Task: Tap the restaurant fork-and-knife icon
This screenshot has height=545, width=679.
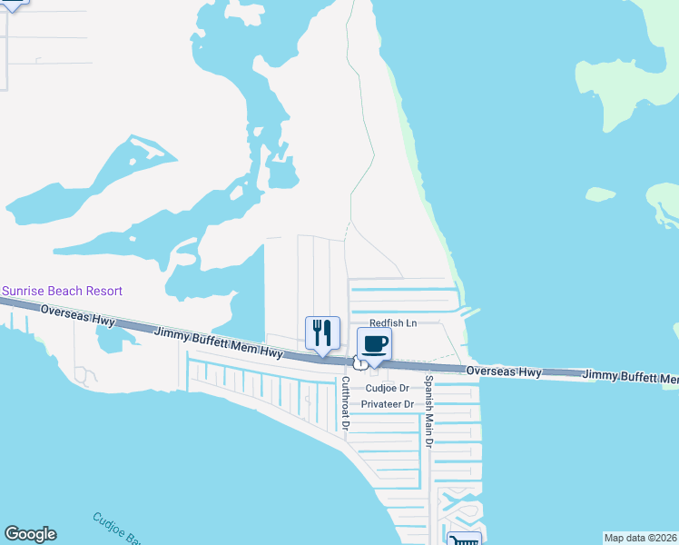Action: pyautogui.click(x=321, y=333)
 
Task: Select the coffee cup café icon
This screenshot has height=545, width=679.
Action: pyautogui.click(x=374, y=343)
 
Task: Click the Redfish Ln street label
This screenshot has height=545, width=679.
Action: pyautogui.click(x=392, y=323)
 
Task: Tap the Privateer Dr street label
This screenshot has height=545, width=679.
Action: pyautogui.click(x=387, y=403)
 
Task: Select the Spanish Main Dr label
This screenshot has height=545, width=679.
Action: pyautogui.click(x=429, y=411)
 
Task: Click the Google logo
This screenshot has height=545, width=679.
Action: pyautogui.click(x=30, y=534)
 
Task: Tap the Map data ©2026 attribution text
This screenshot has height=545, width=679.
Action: pyautogui.click(x=640, y=537)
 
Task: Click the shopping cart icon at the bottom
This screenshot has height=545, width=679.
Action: pyautogui.click(x=464, y=540)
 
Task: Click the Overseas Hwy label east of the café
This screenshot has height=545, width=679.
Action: pyautogui.click(x=504, y=372)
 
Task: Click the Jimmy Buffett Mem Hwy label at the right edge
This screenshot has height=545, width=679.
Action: pyautogui.click(x=630, y=375)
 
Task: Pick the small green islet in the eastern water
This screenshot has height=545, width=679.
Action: pyautogui.click(x=601, y=193)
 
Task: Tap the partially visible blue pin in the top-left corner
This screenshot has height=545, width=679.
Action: pyautogui.click(x=13, y=3)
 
